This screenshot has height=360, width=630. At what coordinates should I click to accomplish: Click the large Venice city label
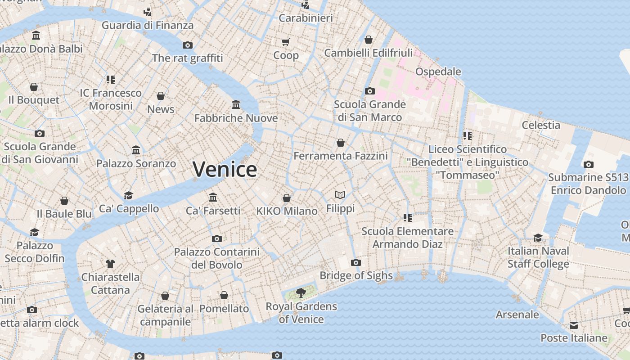pos(225,169)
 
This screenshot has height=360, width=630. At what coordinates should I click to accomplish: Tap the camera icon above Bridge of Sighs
pos(356,262)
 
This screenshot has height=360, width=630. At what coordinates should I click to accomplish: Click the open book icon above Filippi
pos(341,195)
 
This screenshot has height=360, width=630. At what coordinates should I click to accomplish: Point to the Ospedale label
pos(438,72)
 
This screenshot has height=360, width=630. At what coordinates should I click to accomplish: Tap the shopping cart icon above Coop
pos(286,42)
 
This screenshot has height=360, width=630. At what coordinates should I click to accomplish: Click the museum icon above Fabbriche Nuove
pos(236,105)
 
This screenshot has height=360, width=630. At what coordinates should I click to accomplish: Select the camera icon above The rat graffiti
pos(188,45)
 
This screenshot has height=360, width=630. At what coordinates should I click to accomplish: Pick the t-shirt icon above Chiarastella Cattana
pos(110,263)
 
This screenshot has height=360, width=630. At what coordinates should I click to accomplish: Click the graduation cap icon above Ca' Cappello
pos(129,195)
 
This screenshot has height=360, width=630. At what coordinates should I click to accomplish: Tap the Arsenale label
pos(517,315)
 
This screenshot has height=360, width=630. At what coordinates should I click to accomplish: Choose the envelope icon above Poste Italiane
pos(574,325)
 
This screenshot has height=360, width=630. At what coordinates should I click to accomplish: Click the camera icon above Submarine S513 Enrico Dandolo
pos(588,164)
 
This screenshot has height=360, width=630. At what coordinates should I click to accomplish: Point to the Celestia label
pos(541,125)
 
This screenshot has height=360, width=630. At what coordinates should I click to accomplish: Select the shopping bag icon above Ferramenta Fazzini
pos(341,143)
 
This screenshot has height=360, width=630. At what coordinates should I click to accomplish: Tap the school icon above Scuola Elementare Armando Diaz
pos(408,218)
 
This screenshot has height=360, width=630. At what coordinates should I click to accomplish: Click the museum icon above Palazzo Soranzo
pos(136,150)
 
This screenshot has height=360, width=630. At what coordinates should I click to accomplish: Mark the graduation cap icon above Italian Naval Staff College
pos(538,238)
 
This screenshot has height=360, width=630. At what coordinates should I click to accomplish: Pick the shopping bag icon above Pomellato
pos(224,295)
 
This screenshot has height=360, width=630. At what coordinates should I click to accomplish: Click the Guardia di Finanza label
pos(148,25)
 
